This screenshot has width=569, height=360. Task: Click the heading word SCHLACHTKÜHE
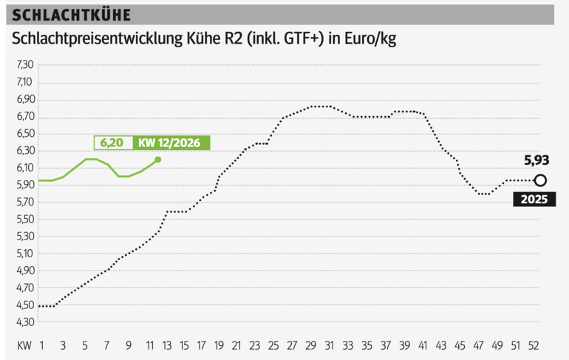(x=72, y=16)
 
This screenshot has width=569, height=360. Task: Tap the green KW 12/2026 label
(x=169, y=143)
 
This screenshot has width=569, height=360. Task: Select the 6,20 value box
(x=112, y=143)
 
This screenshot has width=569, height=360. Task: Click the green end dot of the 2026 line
(x=157, y=160)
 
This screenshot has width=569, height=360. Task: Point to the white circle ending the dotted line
(x=540, y=180)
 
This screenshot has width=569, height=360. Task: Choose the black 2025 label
(x=534, y=200)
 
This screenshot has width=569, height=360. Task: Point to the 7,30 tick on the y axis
(x=25, y=65)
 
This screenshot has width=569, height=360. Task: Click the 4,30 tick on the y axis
(x=25, y=322)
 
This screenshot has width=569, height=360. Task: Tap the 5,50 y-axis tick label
(x=25, y=220)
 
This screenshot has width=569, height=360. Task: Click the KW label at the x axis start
(x=24, y=345)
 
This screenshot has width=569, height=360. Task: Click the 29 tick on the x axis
(x=311, y=345)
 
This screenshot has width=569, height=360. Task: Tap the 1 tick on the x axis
(x=42, y=345)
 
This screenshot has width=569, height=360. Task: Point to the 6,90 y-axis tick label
(x=25, y=100)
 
